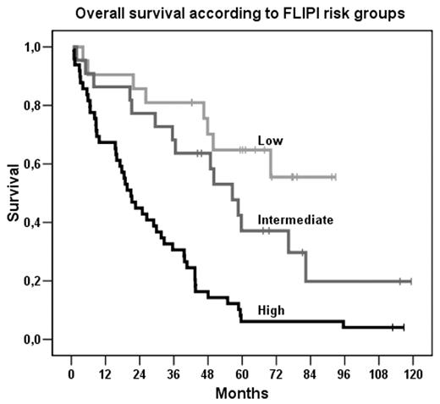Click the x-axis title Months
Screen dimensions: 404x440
[x=241, y=393]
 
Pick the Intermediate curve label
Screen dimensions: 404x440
[x=295, y=220]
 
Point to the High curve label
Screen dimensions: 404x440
[x=272, y=311]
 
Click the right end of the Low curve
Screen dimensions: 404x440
[x=335, y=176]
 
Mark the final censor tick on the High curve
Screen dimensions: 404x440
[x=404, y=327]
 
